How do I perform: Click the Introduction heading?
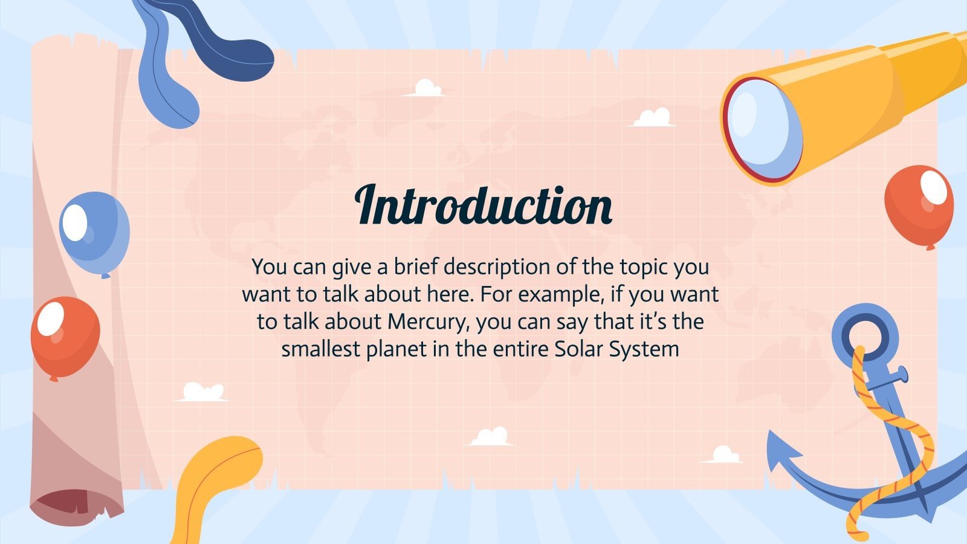pyautogui.click(x=483, y=205)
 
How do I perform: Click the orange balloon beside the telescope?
pyautogui.click(x=919, y=205)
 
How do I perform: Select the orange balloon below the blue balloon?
pyautogui.click(x=65, y=336)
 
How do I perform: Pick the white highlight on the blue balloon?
pyautogui.click(x=75, y=222)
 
